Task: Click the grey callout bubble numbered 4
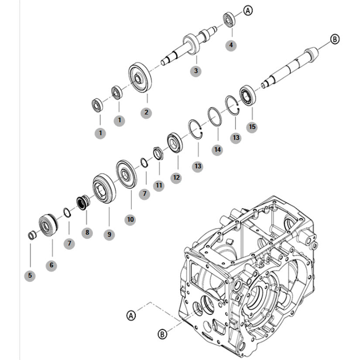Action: coord(231,45)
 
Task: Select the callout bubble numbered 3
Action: coord(196,71)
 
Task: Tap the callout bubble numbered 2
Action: coord(146,113)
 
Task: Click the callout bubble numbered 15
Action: coord(252,127)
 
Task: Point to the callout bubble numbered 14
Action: coord(217,150)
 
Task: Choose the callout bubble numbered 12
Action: coord(176,178)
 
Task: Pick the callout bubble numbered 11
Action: coord(159,185)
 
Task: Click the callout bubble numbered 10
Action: coord(130,220)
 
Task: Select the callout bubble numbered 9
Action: coord(109,234)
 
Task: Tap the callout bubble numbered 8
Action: coord(87,233)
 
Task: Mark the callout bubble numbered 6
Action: coord(51,265)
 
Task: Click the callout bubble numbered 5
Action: coord(30,275)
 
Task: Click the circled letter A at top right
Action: coord(248,10)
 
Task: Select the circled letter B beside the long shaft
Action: coord(335,39)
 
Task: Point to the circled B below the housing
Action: coord(162,334)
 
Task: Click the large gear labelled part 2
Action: coord(140,77)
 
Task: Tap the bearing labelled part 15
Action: coord(248,95)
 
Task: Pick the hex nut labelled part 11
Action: coord(158,153)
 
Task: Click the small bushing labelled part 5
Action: coord(32,235)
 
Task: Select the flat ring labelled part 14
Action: coord(215,117)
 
